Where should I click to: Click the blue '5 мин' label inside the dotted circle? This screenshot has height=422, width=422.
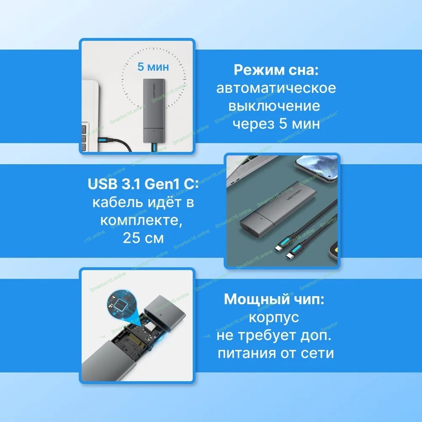(153, 67)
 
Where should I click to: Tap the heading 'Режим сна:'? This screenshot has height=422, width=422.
(276, 70)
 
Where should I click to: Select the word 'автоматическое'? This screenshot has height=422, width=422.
(276, 88)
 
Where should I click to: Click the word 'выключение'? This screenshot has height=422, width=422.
(274, 106)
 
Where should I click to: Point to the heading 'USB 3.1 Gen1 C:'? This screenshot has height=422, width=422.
(143, 184)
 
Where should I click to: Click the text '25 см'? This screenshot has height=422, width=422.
(143, 238)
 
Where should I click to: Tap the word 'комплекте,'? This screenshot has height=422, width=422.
(141, 220)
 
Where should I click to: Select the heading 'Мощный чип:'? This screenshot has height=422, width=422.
(274, 299)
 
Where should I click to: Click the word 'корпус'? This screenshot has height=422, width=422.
(274, 318)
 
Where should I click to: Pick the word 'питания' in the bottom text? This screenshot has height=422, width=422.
(247, 353)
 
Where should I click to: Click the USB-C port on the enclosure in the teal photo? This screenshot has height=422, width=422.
(249, 231)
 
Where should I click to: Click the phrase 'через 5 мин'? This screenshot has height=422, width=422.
(276, 124)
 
